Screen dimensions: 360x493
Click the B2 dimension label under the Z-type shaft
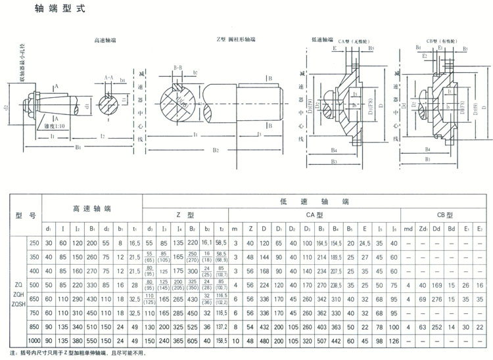(216, 150)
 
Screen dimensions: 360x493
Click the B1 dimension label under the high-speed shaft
(78, 148)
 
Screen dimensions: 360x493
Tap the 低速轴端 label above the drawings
(322, 39)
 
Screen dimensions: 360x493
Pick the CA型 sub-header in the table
(316, 214)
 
